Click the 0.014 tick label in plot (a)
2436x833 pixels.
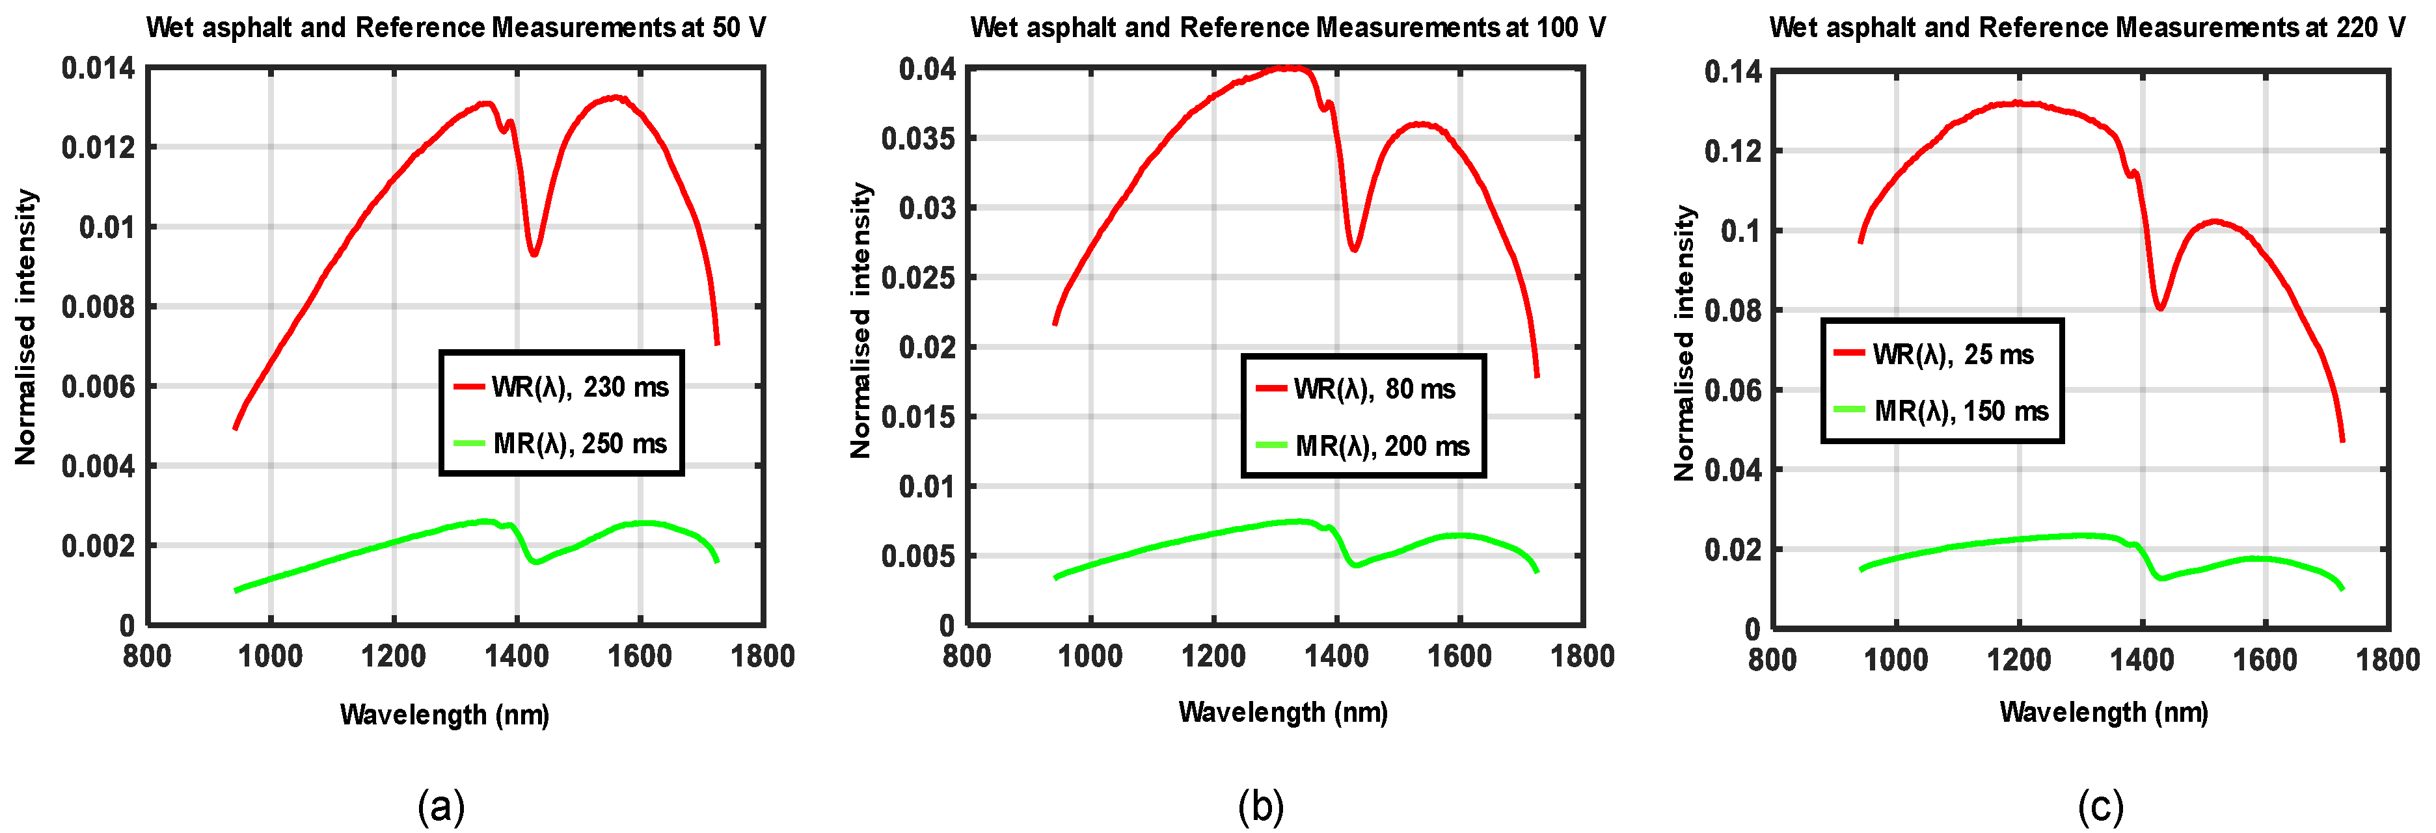pos(98,69)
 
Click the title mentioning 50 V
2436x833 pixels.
pos(456,27)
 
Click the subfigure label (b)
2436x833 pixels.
pos(1260,806)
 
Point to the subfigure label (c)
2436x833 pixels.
pos(2100,806)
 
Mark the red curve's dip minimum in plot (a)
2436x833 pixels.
pos(534,254)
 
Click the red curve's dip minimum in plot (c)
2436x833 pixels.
pos(2160,308)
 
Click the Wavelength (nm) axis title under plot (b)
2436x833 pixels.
pos(1282,712)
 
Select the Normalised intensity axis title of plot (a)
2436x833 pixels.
pos(25,327)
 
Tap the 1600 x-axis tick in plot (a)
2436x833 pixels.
pos(640,656)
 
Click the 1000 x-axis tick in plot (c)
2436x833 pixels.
pos(1895,659)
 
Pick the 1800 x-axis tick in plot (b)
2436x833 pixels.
pos(1582,656)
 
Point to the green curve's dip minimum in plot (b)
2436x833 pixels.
pos(1355,566)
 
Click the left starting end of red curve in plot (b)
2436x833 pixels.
pos(1055,324)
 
